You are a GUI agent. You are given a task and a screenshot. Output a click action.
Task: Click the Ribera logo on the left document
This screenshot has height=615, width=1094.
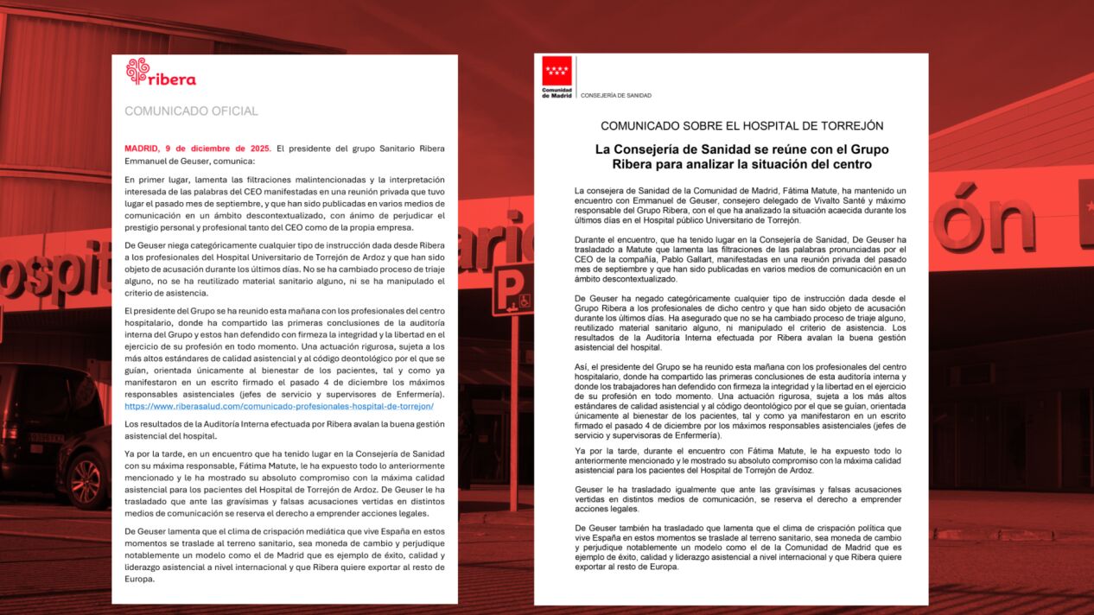pos(161,73)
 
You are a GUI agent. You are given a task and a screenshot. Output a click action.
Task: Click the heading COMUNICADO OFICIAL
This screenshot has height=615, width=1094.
pos(191,111)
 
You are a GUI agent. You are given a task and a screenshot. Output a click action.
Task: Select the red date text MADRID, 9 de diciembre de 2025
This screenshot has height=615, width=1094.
pos(197,149)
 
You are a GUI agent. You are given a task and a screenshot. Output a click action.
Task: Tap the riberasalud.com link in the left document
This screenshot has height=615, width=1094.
pos(279,406)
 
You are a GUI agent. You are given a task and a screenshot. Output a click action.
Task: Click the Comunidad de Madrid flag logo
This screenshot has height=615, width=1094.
pos(557,71)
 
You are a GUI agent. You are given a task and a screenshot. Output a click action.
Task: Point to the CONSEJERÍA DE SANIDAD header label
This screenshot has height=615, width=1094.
pos(616,95)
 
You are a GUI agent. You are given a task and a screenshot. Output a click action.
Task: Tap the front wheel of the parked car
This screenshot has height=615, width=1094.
pos(87,480)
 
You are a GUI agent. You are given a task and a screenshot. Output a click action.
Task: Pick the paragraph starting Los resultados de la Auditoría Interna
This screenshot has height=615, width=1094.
pos(284,430)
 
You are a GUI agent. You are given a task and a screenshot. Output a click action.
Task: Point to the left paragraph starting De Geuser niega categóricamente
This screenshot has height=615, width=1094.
pos(284,269)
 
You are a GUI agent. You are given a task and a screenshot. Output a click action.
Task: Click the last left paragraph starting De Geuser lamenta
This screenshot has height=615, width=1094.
pos(284,555)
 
